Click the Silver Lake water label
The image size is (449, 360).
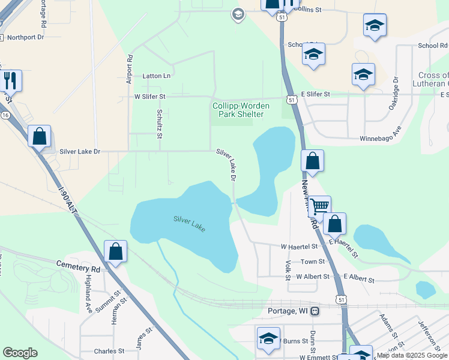pos(189,224)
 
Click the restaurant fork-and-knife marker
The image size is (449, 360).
pos(10,80)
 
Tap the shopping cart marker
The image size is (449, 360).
pos(319,206)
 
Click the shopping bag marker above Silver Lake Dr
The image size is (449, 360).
pos(40,136)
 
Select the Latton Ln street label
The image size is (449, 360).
pos(157,76)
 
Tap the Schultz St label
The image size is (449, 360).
pos(160,124)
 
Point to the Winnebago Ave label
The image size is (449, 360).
pos(397,137)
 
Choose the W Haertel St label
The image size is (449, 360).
pos(299,247)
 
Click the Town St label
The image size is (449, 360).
pos(313,262)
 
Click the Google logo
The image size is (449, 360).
pos(20,353)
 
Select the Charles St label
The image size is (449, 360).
pos(109,351)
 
